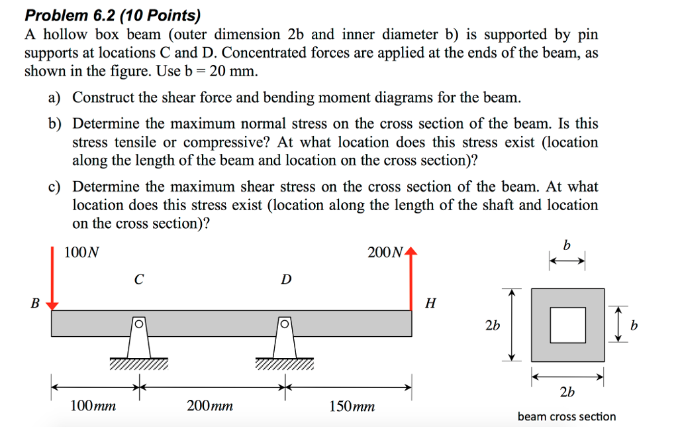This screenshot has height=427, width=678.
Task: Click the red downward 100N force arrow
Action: coord(52,278)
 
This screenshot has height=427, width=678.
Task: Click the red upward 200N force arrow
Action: coord(413,278)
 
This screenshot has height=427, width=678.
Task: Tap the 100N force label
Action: coord(81,252)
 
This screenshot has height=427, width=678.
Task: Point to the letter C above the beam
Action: coord(138,280)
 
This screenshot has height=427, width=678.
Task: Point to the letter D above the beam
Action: coord(285,280)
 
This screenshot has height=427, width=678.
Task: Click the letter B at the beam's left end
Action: coord(35,304)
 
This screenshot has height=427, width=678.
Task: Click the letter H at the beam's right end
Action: coord(431,304)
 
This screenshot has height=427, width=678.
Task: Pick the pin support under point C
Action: coord(138,338)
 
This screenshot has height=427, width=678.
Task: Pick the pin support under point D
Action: coord(284,338)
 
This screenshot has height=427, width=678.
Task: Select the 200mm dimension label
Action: coord(210,405)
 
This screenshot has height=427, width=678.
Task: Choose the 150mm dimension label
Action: coord(352,405)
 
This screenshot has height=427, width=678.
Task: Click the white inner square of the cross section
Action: coord(568,325)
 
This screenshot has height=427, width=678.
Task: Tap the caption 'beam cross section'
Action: coord(566,416)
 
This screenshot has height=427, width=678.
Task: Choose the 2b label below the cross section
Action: coord(567,393)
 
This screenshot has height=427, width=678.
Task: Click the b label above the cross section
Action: coord(566,246)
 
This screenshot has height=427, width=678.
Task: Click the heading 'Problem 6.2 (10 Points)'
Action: coord(113,15)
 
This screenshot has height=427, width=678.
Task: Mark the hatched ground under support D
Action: coord(284,364)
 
